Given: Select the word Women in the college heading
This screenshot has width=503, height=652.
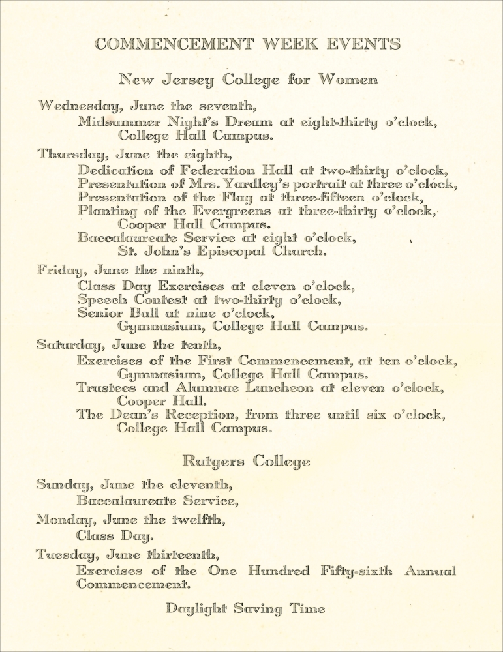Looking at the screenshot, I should [348, 81].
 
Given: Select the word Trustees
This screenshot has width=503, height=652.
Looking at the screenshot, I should [107, 388].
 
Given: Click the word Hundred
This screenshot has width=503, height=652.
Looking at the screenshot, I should [279, 572].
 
